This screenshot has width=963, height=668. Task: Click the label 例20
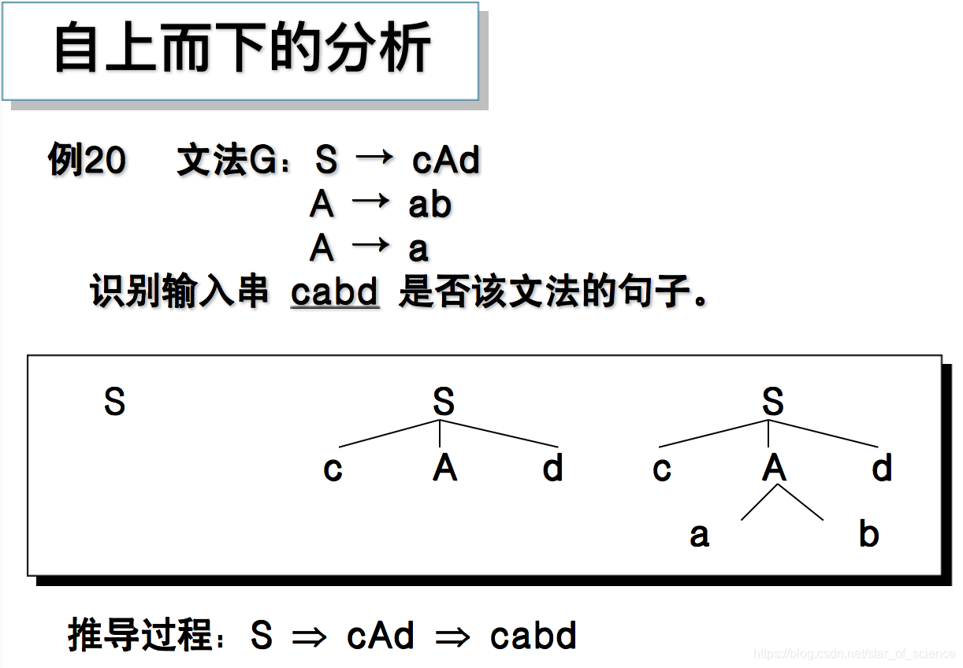pyautogui.click(x=87, y=161)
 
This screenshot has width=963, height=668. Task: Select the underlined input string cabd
pyautogui.click(x=335, y=293)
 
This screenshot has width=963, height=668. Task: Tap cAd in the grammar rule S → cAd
pyautogui.click(x=445, y=161)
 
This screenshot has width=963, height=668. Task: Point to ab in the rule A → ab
pyautogui.click(x=429, y=205)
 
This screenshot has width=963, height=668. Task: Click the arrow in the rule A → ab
pyautogui.click(x=370, y=202)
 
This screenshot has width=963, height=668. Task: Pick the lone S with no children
pyautogui.click(x=114, y=403)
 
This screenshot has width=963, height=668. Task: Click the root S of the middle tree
pyautogui.click(x=444, y=403)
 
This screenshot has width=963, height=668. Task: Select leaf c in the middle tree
pyautogui.click(x=333, y=469)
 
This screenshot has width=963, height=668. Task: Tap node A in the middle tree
pyautogui.click(x=444, y=469)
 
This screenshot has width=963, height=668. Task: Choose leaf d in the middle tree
pyautogui.click(x=553, y=469)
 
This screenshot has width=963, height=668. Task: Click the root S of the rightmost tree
pyautogui.click(x=773, y=403)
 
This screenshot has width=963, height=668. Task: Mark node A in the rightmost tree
pyautogui.click(x=774, y=469)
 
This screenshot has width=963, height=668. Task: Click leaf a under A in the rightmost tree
pyautogui.click(x=699, y=536)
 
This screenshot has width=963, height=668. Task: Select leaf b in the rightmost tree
pyautogui.click(x=868, y=534)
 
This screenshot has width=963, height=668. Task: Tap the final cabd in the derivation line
pyautogui.click(x=534, y=636)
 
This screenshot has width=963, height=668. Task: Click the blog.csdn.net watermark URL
pyautogui.click(x=854, y=655)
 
